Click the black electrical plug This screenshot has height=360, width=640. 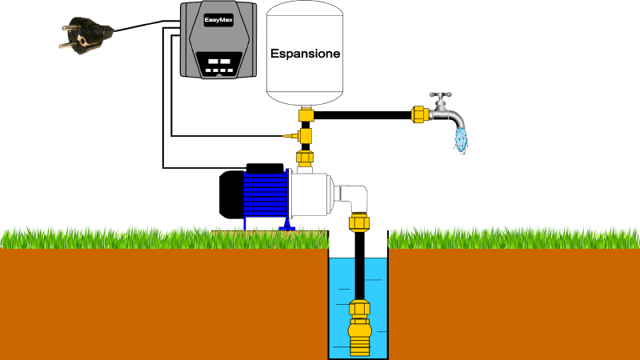pos(86,34)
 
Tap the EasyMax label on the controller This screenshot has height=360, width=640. pos(218,20)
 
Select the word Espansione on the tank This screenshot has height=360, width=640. pos(306,54)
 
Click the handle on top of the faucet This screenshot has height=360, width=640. pos(441,95)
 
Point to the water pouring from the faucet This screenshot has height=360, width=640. pos(462,140)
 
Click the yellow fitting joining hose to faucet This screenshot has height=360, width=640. pos(419,114)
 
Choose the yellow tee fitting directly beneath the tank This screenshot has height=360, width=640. pos(306,114)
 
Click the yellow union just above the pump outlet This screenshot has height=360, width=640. pos(305,158)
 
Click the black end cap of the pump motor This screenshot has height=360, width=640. pos(231,194)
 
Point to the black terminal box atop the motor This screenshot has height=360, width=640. pos(265,169)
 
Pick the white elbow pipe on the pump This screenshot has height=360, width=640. pos(354,198)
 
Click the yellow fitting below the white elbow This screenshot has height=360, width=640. pos(359,223)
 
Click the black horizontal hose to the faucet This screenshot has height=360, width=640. pos(362,115)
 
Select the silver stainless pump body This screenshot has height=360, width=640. pos(310,195)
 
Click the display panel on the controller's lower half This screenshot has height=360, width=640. pos(219,65)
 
